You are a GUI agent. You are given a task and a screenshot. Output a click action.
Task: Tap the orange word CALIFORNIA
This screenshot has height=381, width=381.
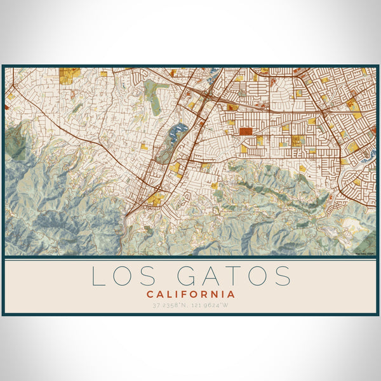coord(190,295)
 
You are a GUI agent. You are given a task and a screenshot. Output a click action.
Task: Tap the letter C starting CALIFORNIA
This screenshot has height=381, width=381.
coord(150,295)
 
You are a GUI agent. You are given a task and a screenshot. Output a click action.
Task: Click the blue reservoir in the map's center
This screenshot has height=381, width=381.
coord(177,132)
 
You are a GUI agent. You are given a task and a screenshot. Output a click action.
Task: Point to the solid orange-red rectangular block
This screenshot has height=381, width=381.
coord(245,131)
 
